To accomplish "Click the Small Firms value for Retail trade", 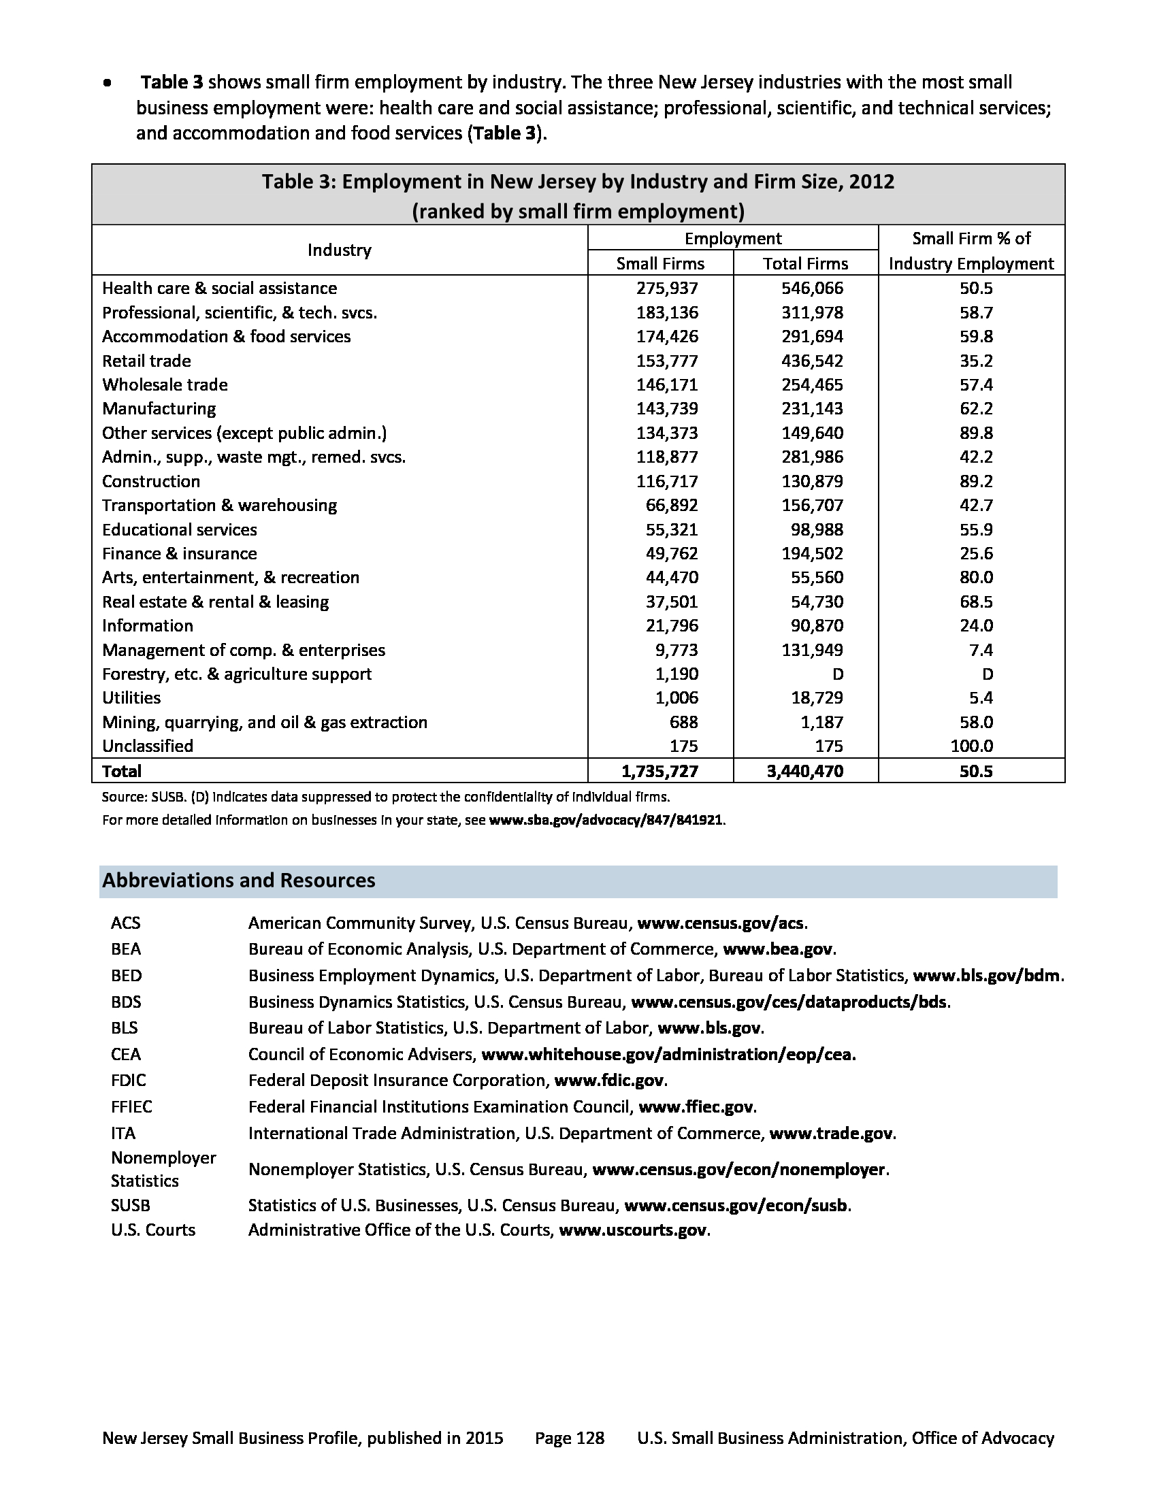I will tap(667, 361).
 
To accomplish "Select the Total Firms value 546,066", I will tap(812, 288).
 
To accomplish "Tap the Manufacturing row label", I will tap(159, 408).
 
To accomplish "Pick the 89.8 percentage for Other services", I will tap(976, 433).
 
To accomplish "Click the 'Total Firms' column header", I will tap(805, 263).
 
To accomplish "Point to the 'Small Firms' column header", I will tap(660, 263).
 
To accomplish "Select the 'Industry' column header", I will tap(340, 250).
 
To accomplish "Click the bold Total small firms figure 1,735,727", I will tap(659, 770).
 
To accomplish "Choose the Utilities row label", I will tap(131, 697).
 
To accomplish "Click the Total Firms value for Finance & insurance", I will tap(812, 553).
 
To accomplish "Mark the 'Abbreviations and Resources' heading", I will tap(238, 880).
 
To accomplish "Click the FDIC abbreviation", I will tap(128, 1081).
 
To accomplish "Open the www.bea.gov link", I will tap(779, 949).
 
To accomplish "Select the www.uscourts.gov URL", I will tap(633, 1230).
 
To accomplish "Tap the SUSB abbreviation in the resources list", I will tap(130, 1205).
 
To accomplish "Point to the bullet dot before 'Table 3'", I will tap(107, 83).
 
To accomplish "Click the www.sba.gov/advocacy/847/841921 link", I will tap(606, 820).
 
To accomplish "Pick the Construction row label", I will tap(152, 481).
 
